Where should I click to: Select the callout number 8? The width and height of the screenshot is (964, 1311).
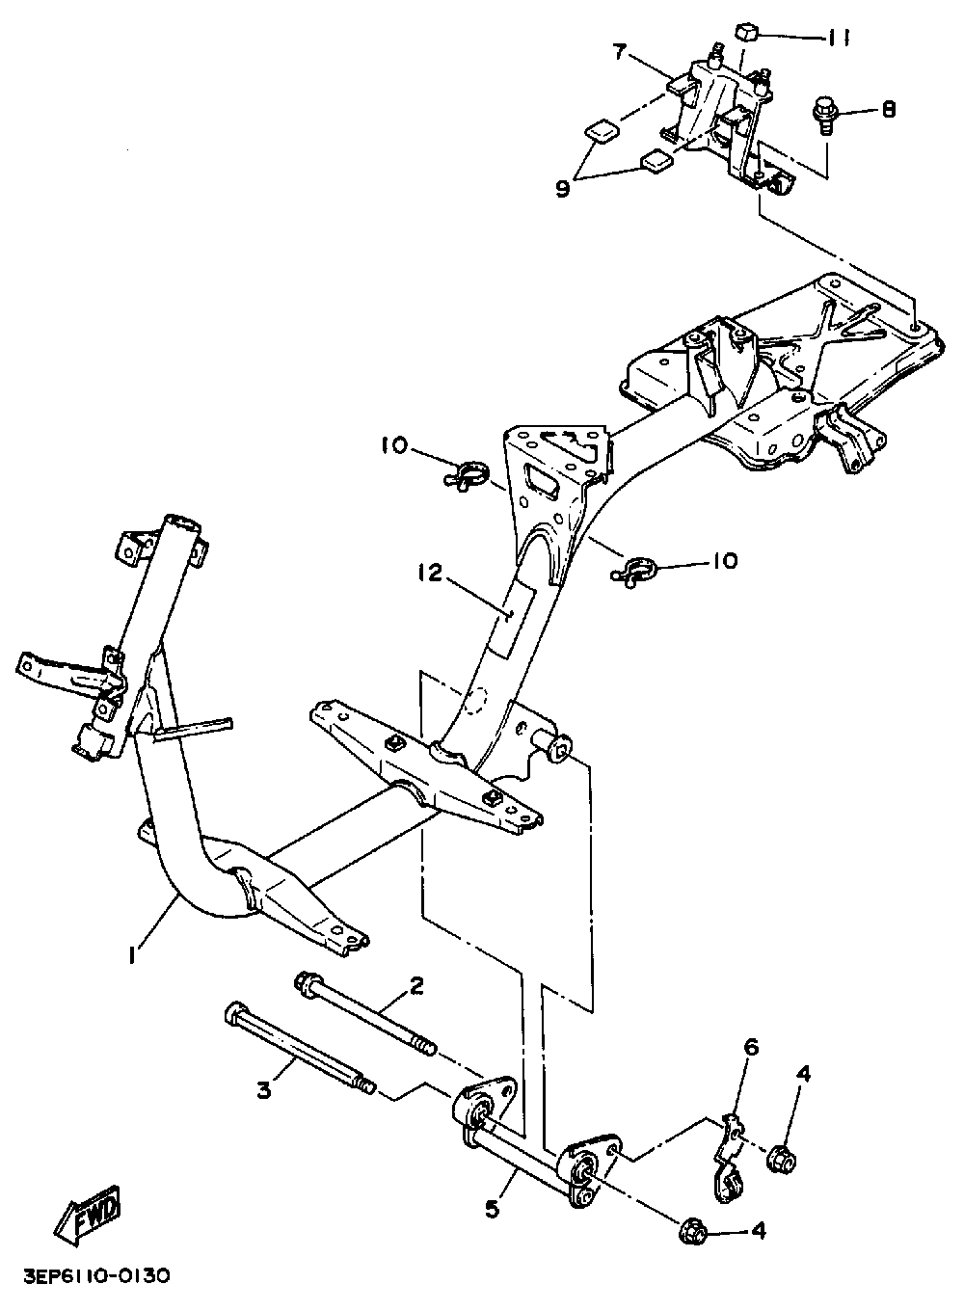(x=886, y=109)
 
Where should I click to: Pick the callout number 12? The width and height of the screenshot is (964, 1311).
(x=429, y=575)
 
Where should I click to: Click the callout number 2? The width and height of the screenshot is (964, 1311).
(x=416, y=985)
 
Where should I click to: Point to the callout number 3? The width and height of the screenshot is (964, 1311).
(x=264, y=1091)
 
